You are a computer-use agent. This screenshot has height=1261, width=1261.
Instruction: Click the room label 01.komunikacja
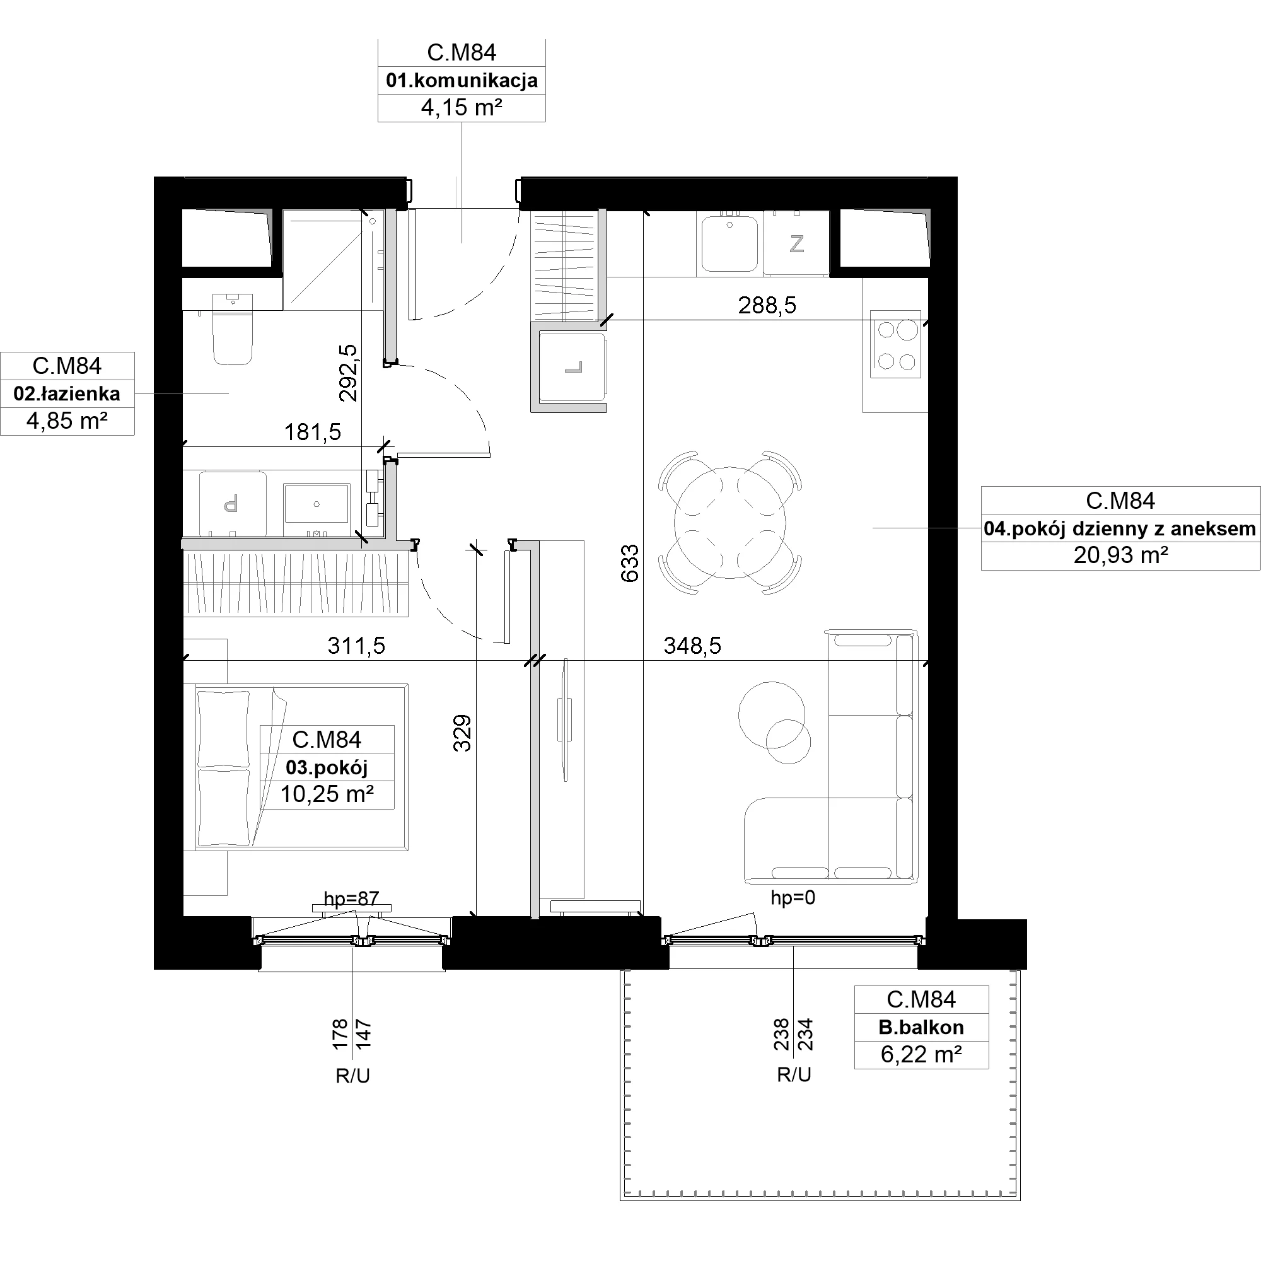click(462, 80)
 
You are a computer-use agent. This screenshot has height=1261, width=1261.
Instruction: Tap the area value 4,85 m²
click(67, 421)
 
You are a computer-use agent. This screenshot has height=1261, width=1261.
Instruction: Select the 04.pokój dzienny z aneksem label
click(1120, 528)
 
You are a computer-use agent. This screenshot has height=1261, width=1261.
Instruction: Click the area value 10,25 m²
click(327, 794)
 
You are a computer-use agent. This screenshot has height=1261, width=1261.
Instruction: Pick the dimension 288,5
click(767, 305)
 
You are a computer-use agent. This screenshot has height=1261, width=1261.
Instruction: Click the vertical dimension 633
click(630, 563)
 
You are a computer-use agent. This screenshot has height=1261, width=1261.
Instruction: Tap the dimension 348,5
click(692, 646)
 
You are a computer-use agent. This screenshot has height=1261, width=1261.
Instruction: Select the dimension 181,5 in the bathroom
click(313, 431)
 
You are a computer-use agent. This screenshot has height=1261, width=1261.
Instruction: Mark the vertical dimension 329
click(462, 733)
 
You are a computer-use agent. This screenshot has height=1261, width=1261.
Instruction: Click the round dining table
click(729, 522)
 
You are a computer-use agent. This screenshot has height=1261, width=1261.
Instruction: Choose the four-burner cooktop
click(895, 344)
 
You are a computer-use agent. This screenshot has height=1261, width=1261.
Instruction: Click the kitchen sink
click(729, 243)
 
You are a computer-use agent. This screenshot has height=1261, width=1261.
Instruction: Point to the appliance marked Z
click(796, 243)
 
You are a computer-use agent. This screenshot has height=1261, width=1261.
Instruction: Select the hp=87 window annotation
click(351, 898)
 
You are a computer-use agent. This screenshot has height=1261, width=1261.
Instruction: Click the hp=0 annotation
click(793, 897)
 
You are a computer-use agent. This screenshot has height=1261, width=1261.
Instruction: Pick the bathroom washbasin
click(317, 504)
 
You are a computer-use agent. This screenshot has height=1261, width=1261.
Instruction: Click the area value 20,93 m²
click(1120, 555)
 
